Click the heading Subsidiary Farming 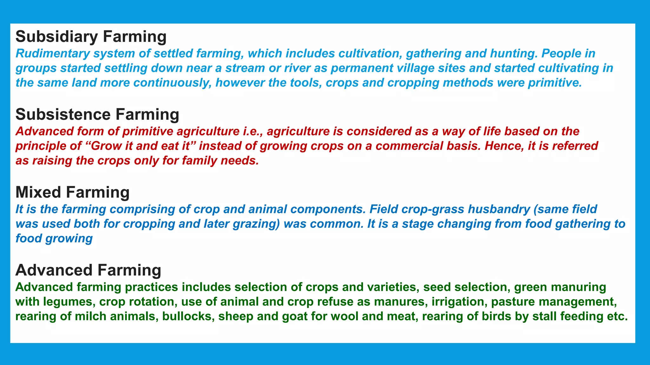tap(91, 36)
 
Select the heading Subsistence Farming tap(97, 114)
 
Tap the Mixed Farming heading tap(72, 192)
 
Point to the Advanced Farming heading tap(88, 270)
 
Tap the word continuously tap(172, 83)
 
